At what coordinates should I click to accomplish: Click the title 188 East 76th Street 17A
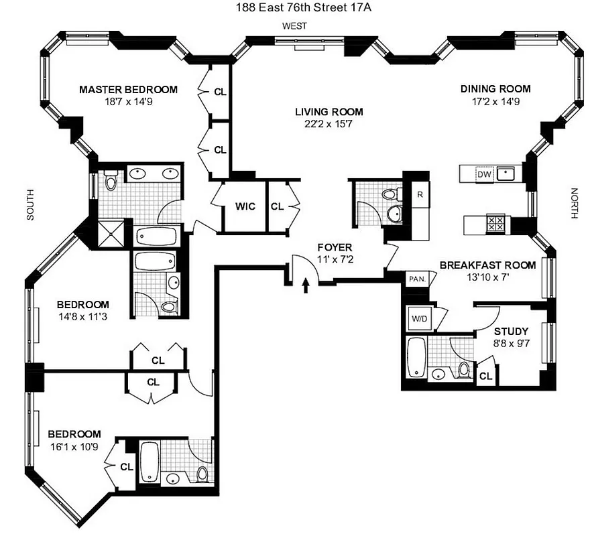coord(294,7)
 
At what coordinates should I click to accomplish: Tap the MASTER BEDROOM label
coord(128,89)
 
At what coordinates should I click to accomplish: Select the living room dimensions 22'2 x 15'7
coord(329,124)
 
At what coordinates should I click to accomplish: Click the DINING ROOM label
coord(495,88)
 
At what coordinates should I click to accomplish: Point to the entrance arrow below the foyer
coord(306,286)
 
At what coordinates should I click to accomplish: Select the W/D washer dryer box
coord(418,318)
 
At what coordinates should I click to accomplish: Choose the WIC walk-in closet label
coord(245,206)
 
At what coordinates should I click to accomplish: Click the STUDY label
coord(511,331)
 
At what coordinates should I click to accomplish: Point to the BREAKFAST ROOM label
coord(487,265)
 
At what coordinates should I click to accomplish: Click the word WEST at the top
coord(294,25)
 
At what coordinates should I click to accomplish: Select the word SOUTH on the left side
coord(29,204)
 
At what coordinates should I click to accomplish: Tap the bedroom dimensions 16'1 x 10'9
coord(74,446)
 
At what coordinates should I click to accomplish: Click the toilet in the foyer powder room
coord(390,195)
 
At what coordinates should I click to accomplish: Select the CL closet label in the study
coord(485,377)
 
